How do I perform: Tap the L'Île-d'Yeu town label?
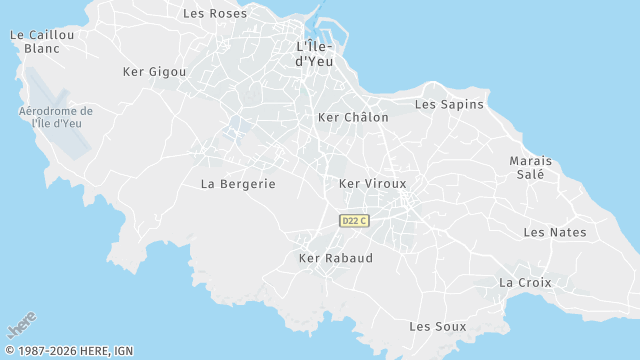[321, 54]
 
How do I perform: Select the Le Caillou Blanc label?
[42, 41]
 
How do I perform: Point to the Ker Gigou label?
[154, 72]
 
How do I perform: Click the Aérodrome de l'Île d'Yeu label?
[56, 117]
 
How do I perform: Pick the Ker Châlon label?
[352, 118]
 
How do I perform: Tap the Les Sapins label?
[449, 104]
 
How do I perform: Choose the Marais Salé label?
[530, 167]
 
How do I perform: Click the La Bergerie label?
[238, 184]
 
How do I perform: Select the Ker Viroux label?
[373, 184]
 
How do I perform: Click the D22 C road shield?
[354, 221]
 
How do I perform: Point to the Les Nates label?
[555, 233]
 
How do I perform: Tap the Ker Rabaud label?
[336, 258]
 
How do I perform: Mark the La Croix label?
[525, 283]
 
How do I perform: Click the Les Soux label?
[438, 327]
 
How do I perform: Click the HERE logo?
[21, 326]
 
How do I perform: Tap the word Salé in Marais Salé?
[530, 174]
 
